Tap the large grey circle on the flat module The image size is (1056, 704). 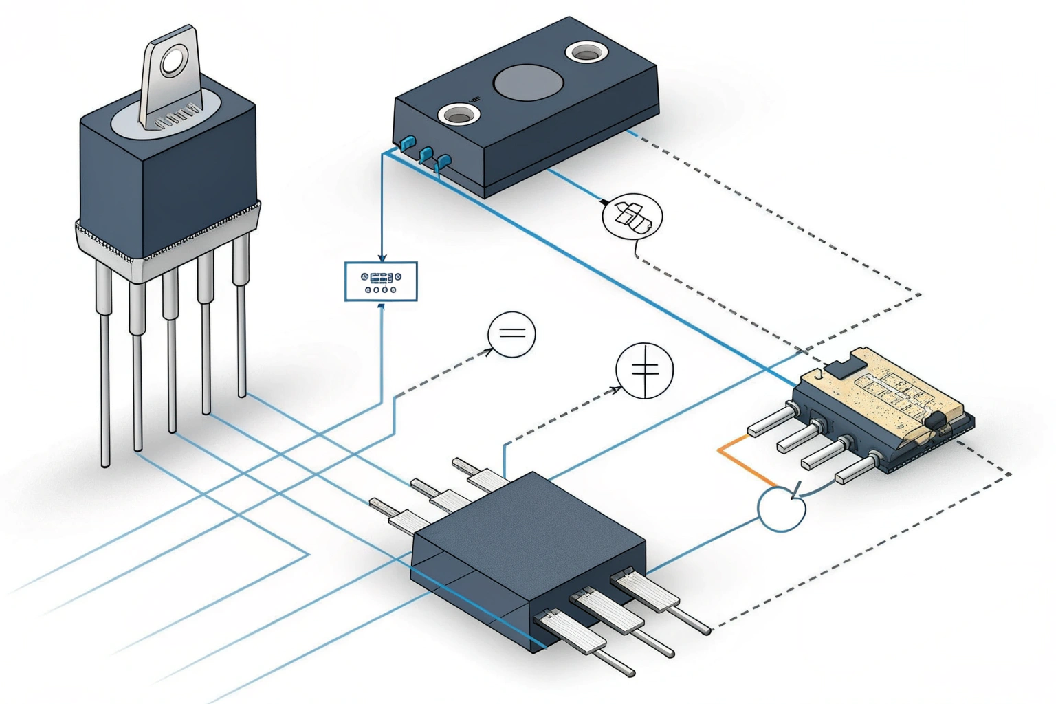tap(528, 82)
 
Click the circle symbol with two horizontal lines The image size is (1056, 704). tap(511, 334)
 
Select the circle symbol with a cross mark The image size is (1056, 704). tap(644, 371)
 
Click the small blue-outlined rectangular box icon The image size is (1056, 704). tap(381, 281)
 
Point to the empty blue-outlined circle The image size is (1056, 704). tap(782, 509)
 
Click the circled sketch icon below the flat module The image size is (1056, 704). tap(632, 217)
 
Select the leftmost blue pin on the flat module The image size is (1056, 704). tap(408, 143)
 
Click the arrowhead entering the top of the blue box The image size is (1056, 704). tap(382, 258)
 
